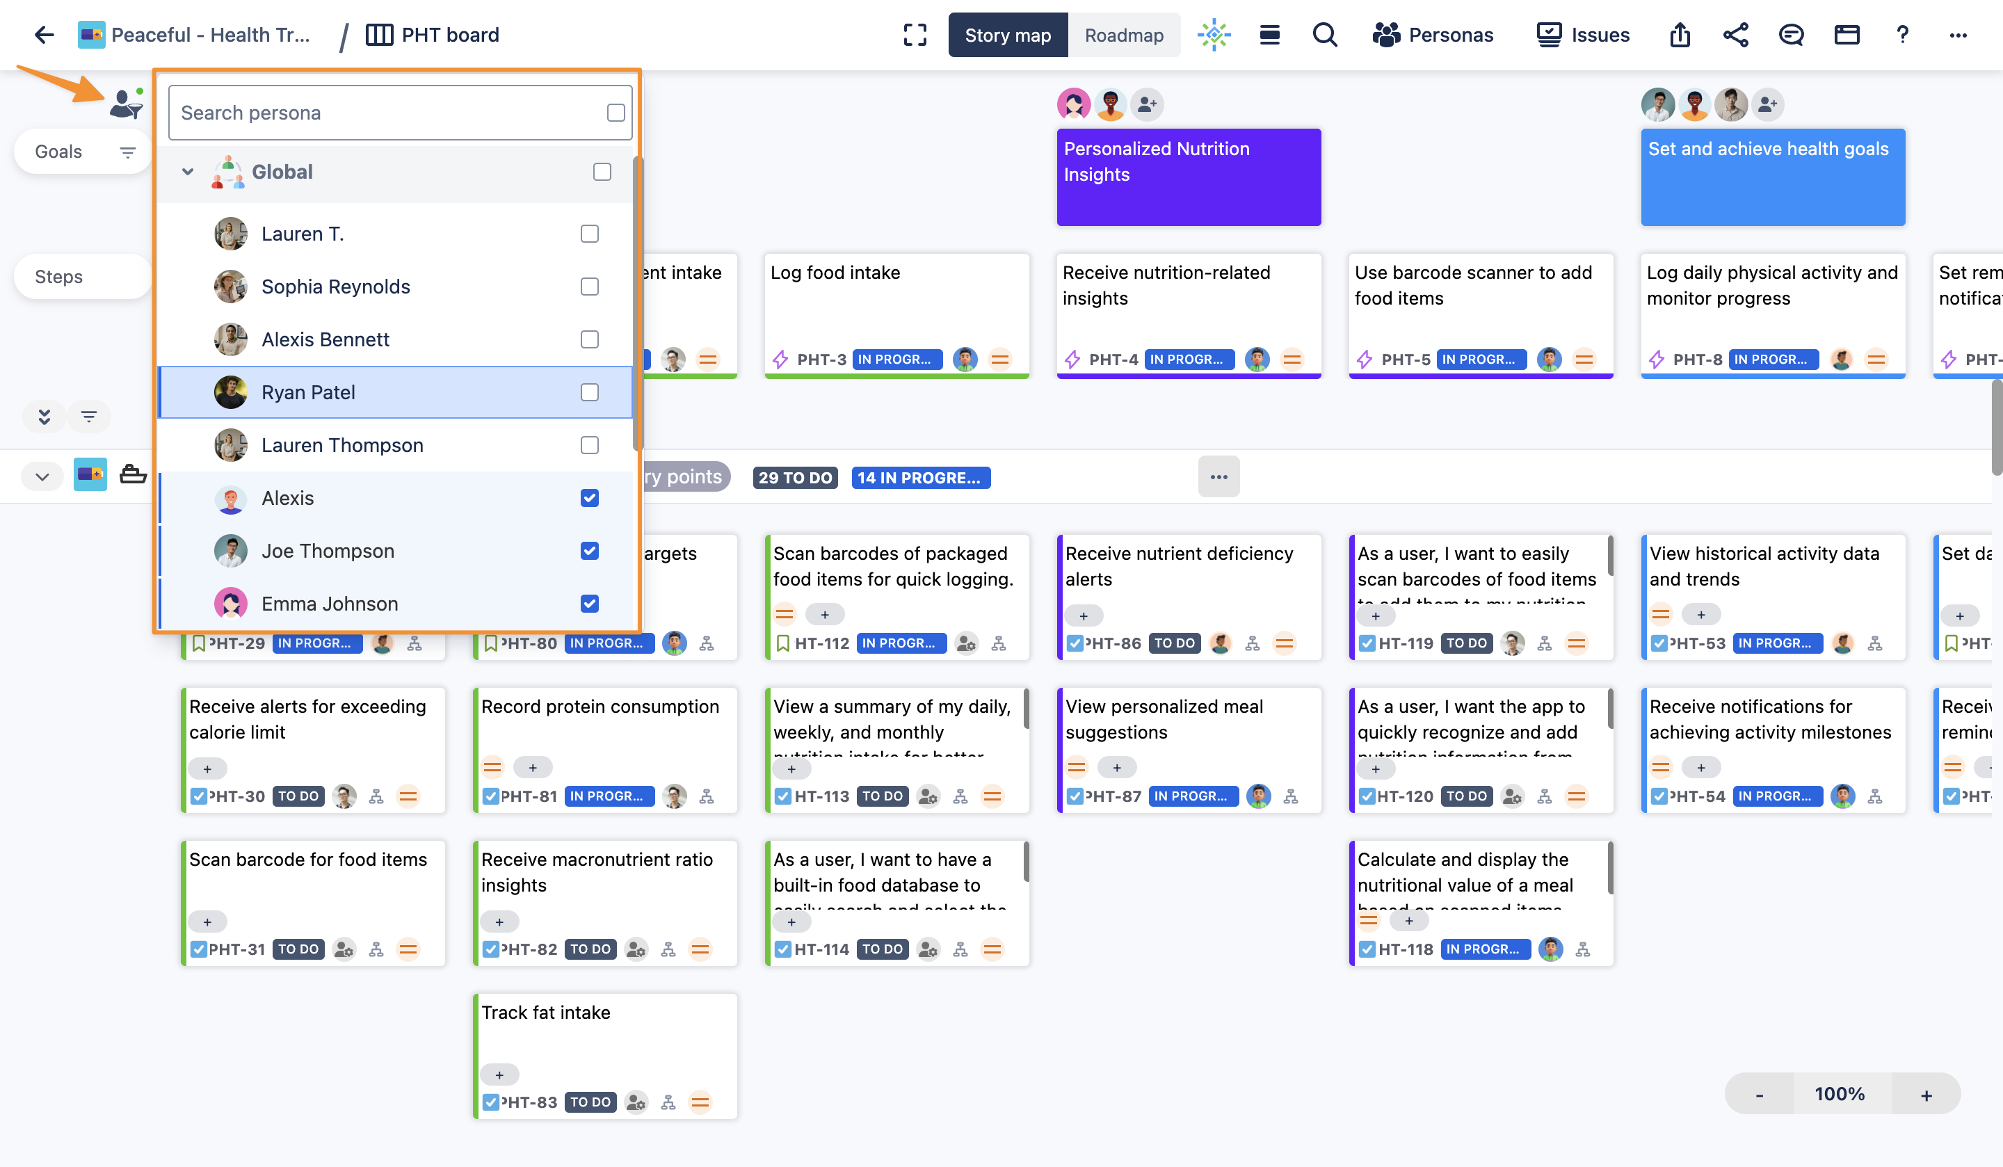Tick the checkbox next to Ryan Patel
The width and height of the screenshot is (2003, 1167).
(589, 393)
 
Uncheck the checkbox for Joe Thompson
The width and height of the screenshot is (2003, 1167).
(589, 551)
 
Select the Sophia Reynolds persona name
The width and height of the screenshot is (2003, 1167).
(335, 287)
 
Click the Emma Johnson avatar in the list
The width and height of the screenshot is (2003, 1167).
(230, 604)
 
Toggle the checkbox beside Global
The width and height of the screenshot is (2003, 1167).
(602, 172)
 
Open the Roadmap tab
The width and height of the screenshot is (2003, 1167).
(1123, 35)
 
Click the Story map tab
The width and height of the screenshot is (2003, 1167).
(1007, 35)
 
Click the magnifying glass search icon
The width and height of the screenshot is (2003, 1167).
(1324, 35)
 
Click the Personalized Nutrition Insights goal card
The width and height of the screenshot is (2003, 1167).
(1189, 177)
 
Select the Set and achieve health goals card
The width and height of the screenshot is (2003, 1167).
(1773, 177)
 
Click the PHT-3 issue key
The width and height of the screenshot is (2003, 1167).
(821, 360)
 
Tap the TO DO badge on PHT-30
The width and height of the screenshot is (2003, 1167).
(298, 796)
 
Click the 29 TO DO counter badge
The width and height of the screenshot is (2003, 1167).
(795, 478)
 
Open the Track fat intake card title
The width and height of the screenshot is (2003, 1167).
(546, 1013)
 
